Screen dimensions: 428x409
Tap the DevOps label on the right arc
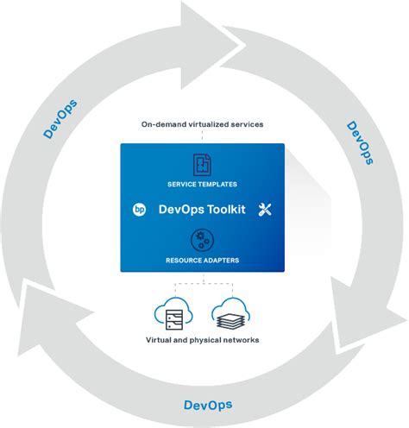359,142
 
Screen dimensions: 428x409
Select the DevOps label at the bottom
208,405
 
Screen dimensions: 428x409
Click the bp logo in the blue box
138,209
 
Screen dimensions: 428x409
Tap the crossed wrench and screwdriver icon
265,209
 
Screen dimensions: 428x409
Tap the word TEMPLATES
219,185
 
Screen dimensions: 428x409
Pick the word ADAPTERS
220,260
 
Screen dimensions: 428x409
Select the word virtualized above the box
208,124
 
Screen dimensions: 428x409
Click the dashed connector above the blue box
203,136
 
